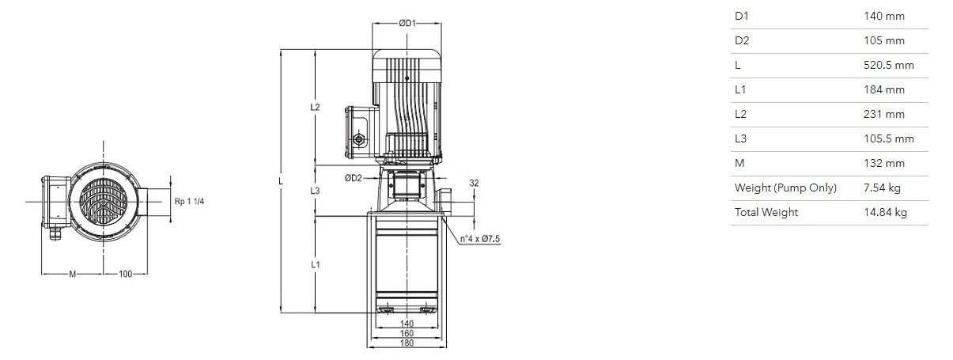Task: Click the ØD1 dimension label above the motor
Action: pyautogui.click(x=407, y=24)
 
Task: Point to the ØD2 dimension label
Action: pyautogui.click(x=353, y=178)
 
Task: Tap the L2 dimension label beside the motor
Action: pyautogui.click(x=315, y=108)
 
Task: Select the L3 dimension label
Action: pyautogui.click(x=315, y=191)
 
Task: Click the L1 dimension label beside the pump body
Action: pyautogui.click(x=315, y=265)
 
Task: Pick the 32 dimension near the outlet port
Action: pyautogui.click(x=474, y=183)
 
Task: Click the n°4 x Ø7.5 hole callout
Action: pyautogui.click(x=480, y=239)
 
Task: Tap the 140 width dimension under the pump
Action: pyautogui.click(x=407, y=324)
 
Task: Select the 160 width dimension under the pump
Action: pyautogui.click(x=407, y=334)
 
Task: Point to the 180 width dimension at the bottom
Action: pyautogui.click(x=407, y=343)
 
